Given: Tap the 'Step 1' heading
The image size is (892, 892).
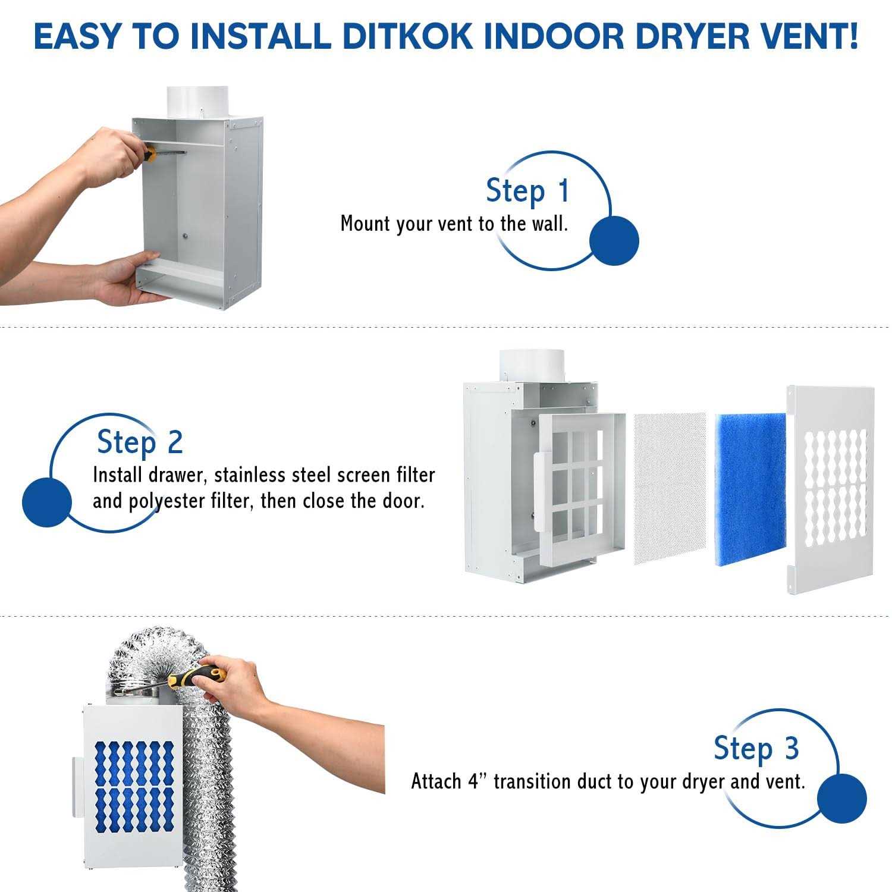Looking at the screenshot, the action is [x=528, y=191].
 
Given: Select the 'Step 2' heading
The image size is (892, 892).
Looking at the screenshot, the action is [x=140, y=442].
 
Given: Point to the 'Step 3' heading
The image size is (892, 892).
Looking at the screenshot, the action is [x=756, y=748].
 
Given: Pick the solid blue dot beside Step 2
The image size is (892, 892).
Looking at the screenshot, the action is [x=47, y=502].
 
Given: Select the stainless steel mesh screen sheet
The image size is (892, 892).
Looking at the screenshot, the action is [x=670, y=489].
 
